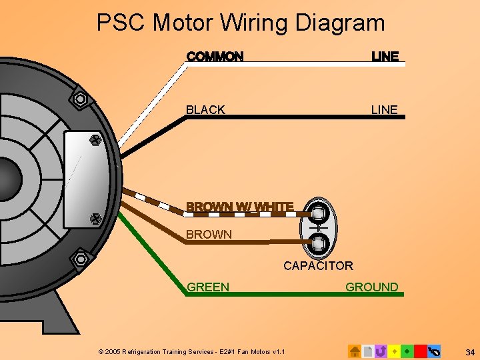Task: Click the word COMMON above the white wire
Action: [x=215, y=57]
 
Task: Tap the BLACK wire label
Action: [x=205, y=110]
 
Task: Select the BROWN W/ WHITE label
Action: [x=240, y=207]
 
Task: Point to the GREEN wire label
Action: [x=208, y=287]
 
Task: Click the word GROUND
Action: [x=371, y=287]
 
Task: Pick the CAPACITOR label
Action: [x=318, y=266]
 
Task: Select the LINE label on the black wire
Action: [x=384, y=110]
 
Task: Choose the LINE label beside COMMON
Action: [x=385, y=57]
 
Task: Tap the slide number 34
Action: [x=470, y=351]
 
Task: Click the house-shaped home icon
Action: [x=355, y=351]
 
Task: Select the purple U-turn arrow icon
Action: [x=381, y=351]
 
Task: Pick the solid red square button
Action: [x=420, y=351]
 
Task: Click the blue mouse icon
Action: [x=434, y=351]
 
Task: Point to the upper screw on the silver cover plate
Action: [x=94, y=141]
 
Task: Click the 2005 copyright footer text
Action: [x=191, y=351]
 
